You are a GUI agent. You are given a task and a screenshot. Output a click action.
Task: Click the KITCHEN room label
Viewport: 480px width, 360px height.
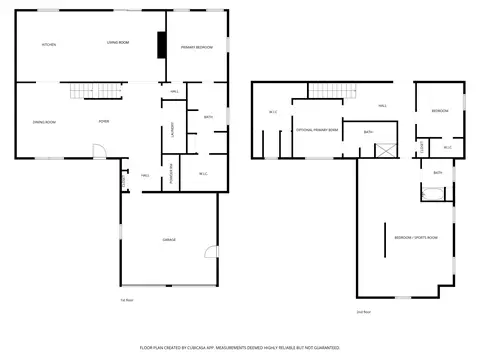coord(48,46)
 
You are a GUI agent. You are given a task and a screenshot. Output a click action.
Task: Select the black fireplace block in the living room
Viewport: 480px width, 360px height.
coord(161,46)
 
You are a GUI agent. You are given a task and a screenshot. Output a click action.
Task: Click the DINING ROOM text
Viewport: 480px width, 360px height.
coord(43,122)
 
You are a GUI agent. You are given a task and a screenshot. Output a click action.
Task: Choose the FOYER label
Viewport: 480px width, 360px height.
coord(103,122)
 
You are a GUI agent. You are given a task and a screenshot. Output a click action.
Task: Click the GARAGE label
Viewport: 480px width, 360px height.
coord(170,241)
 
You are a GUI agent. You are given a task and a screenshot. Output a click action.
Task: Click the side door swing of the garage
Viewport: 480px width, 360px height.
coord(208,251)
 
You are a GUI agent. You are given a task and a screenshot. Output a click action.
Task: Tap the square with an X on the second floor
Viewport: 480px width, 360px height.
coord(384,150)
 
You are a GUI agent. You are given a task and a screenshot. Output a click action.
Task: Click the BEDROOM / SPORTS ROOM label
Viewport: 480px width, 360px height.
coord(416,237)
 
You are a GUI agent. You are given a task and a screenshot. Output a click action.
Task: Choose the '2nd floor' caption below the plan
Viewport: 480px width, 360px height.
coord(363,312)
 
